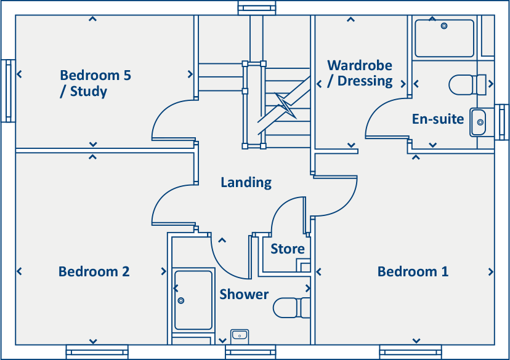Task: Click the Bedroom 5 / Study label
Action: [x=95, y=84]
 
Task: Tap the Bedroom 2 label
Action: [x=94, y=271]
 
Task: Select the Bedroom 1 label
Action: [x=413, y=271]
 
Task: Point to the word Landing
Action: [x=246, y=183]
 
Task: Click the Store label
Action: [x=288, y=249]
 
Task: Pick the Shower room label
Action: [x=244, y=295]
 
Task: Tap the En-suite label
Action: [x=437, y=119]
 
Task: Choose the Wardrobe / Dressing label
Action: [x=360, y=73]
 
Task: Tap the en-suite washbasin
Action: [x=479, y=122]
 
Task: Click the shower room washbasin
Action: [x=240, y=335]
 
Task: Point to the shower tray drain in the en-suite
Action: [x=444, y=26]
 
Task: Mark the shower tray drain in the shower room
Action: [x=181, y=300]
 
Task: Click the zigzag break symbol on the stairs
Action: [x=285, y=105]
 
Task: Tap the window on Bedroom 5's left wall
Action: [x=9, y=90]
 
